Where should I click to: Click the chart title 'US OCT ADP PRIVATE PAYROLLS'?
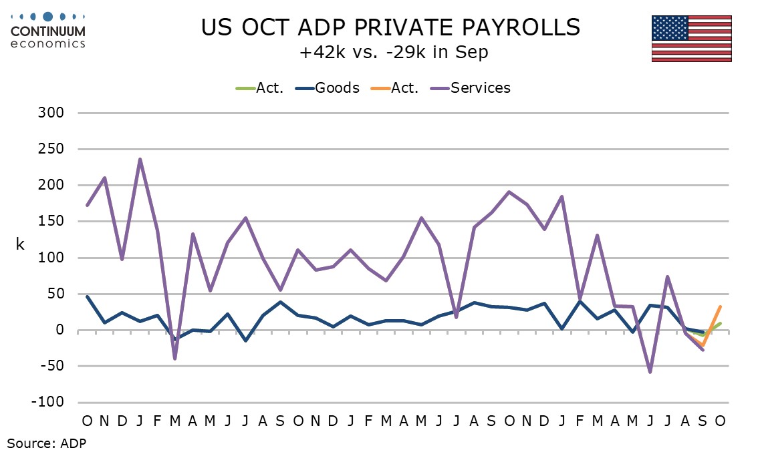pos(391,27)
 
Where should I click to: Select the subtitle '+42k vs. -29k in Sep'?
pos(394,53)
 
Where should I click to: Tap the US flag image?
pos(691,37)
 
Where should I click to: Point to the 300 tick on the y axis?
pos(51,113)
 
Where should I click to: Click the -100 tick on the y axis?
pos(49,403)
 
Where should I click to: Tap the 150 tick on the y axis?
pos(51,222)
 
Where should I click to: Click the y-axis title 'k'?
pos(20,244)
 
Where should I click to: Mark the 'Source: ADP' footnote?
pos(47,442)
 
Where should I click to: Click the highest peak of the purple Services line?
pos(140,159)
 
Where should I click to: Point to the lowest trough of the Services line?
pos(650,372)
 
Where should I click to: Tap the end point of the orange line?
pos(720,306)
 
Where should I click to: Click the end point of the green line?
pos(720,323)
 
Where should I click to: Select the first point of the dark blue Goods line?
pos(87,296)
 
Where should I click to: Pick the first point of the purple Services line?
pos(87,205)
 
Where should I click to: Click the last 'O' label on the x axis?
pos(720,421)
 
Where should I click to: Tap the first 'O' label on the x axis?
pos(87,421)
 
